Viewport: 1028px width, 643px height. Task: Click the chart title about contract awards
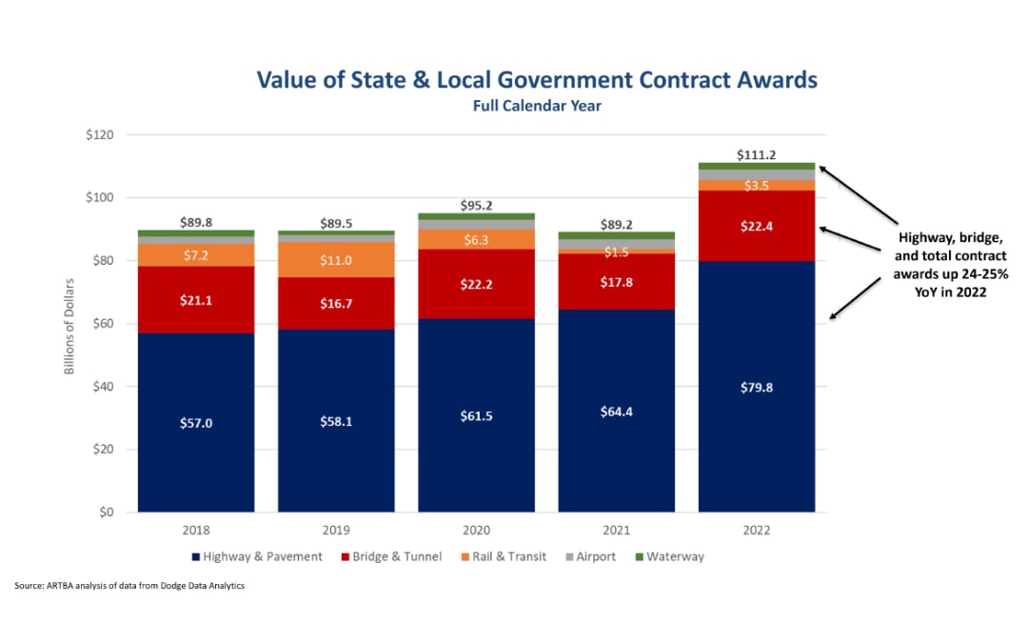[537, 79]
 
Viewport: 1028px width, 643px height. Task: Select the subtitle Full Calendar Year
[537, 106]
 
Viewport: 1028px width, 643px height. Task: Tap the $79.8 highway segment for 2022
[757, 387]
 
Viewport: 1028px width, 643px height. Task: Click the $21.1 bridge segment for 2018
[195, 300]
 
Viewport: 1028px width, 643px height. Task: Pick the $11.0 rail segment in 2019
[335, 260]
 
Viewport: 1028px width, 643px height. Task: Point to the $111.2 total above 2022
[757, 154]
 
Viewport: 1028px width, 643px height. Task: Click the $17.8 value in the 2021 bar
[616, 282]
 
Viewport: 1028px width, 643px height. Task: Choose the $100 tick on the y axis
[98, 198]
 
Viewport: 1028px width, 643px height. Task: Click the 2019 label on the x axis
[335, 530]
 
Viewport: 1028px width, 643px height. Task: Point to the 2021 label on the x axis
[616, 530]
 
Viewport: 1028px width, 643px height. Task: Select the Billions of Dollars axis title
[69, 324]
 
